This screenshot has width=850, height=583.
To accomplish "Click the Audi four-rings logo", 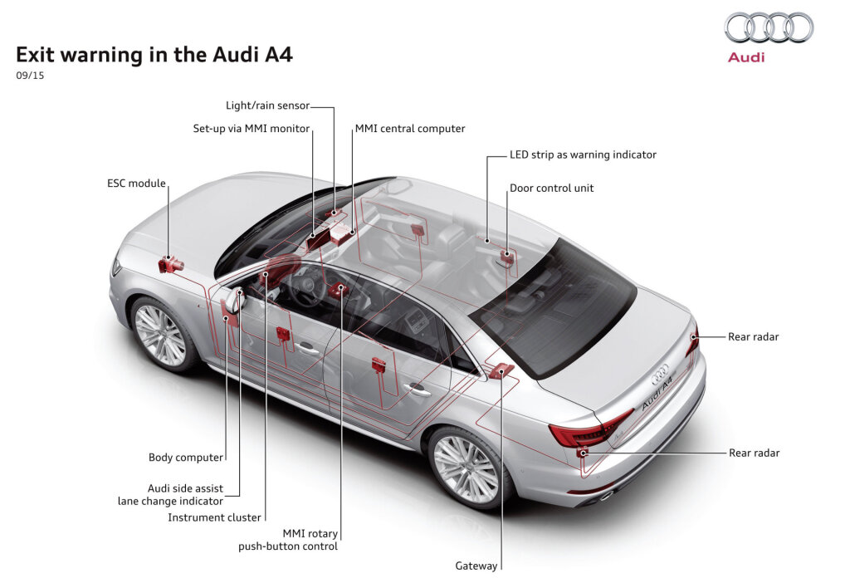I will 769,27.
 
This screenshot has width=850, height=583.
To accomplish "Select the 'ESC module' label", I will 136,183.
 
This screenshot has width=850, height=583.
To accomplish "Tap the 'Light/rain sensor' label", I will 267,105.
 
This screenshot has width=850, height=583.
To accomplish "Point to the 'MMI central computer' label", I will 410,129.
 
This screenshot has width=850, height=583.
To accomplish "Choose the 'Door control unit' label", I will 551,189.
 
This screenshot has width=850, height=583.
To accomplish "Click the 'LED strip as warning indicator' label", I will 583,154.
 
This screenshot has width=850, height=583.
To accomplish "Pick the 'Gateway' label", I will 476,566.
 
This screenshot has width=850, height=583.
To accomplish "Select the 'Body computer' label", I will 186,457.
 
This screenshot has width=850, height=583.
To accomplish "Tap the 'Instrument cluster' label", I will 214,517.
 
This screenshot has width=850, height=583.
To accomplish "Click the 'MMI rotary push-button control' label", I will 288,540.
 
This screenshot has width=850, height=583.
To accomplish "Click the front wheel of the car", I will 160,335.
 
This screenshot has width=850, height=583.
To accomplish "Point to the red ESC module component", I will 170,265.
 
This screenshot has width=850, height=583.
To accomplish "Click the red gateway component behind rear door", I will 501,370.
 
